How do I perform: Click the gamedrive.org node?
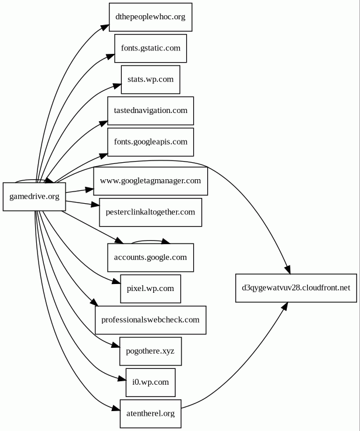(x=34, y=197)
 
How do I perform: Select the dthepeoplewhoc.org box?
(x=150, y=17)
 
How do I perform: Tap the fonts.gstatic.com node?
(x=150, y=48)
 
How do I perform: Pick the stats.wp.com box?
(x=150, y=80)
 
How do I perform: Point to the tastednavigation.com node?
(x=150, y=111)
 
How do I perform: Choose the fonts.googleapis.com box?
(x=150, y=142)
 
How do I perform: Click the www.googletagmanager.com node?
(x=150, y=181)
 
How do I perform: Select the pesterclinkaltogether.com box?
(x=150, y=212)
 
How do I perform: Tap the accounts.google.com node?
(x=150, y=257)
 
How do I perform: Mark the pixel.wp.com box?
(x=150, y=289)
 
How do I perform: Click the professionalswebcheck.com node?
(x=150, y=320)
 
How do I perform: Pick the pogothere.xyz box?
(x=150, y=351)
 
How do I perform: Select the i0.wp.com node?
(x=150, y=382)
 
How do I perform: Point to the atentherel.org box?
(x=150, y=414)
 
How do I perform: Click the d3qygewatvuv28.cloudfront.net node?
(x=296, y=288)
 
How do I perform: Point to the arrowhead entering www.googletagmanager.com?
(x=90, y=189)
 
